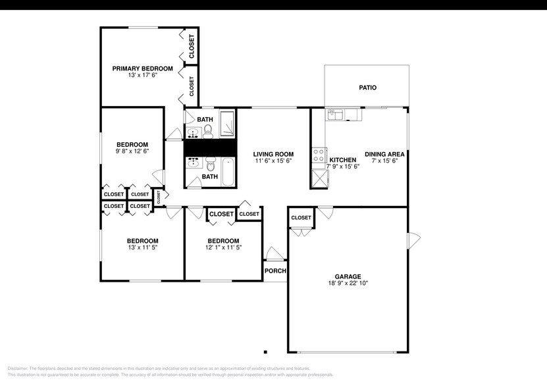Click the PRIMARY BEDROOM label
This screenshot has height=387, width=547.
click(x=142, y=68)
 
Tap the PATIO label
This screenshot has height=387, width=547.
click(x=367, y=88)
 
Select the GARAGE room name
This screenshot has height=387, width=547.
click(x=348, y=276)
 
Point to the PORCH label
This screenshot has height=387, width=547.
click(x=274, y=271)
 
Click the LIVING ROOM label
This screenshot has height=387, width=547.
click(x=273, y=154)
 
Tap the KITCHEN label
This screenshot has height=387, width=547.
click(x=343, y=160)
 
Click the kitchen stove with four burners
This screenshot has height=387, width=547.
click(x=319, y=155)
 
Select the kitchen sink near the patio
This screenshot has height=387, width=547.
click(x=336, y=115)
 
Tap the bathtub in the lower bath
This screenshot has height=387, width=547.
click(x=227, y=171)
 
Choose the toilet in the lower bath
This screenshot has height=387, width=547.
click(x=210, y=163)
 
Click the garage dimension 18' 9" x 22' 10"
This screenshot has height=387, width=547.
click(x=348, y=284)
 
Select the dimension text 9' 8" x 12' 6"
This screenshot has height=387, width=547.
click(x=132, y=151)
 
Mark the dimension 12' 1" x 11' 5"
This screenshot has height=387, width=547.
click(x=223, y=247)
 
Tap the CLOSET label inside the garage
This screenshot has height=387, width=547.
click(x=301, y=218)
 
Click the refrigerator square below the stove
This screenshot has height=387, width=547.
click(x=319, y=176)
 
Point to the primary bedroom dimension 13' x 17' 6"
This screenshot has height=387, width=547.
click(x=142, y=75)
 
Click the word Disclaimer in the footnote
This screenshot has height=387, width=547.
click(x=20, y=369)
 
